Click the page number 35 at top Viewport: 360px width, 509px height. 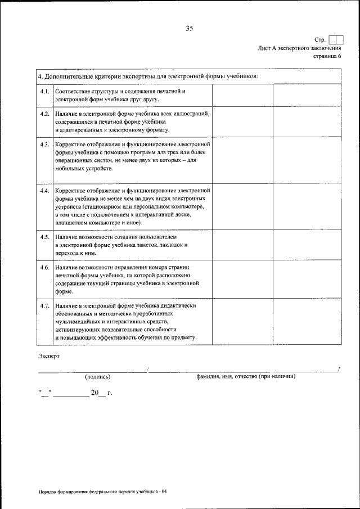point(189,29)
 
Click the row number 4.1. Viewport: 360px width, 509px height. point(44,91)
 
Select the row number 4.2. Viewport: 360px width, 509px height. point(44,114)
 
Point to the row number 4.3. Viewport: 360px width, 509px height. point(44,145)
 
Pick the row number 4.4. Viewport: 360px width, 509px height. point(44,191)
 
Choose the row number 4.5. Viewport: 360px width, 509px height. point(44,237)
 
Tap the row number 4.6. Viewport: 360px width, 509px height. point(44,267)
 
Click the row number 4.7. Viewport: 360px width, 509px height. point(44,305)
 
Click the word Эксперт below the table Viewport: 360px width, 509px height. point(49,356)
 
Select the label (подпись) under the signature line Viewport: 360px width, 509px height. point(98,376)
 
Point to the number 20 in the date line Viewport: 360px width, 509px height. point(94,393)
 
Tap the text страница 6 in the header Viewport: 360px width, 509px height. point(327,56)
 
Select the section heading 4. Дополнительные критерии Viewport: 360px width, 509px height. point(147,76)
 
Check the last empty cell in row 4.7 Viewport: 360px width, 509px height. point(307,321)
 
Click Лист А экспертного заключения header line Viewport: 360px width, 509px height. point(299,48)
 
